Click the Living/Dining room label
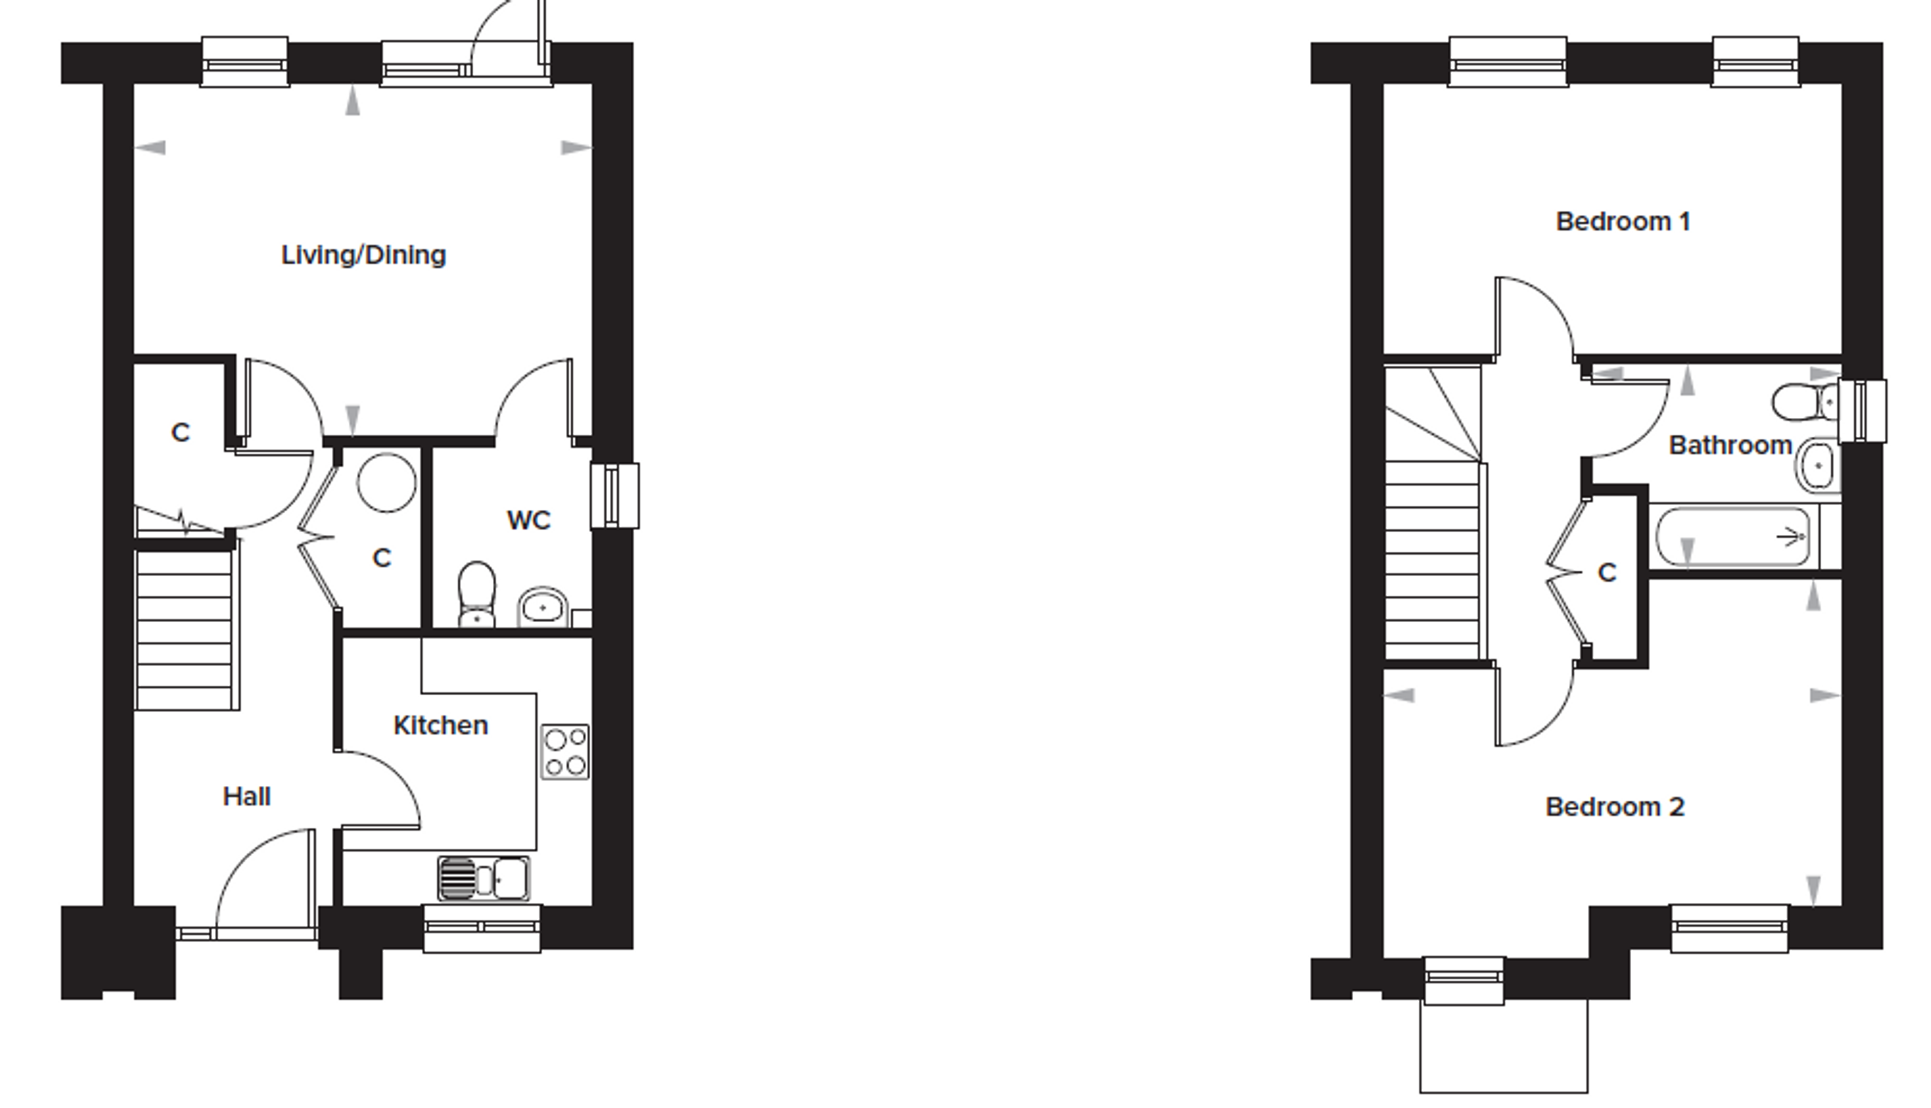[364, 255]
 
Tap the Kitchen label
[440, 725]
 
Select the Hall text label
[246, 797]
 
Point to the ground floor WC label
[529, 520]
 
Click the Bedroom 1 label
[1623, 222]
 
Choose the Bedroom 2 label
[1614, 806]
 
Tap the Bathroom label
[1730, 445]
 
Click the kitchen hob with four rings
[565, 752]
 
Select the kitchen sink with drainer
[483, 878]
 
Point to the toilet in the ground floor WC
[477, 594]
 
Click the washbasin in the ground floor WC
[542, 607]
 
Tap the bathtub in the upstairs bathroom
[1734, 537]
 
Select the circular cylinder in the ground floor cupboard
[387, 482]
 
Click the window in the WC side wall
[614, 495]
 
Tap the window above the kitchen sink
[482, 928]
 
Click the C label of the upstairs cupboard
[1607, 573]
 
